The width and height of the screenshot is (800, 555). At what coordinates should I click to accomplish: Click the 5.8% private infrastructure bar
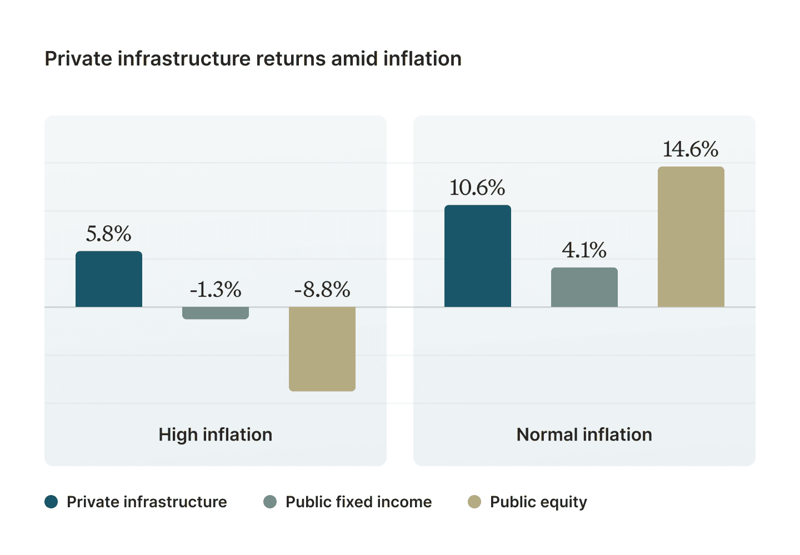tap(109, 279)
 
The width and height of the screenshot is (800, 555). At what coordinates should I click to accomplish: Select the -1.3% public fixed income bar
tap(216, 313)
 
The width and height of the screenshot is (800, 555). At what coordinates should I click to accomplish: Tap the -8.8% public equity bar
tap(322, 349)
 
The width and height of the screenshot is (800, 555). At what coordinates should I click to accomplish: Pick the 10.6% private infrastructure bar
tap(478, 256)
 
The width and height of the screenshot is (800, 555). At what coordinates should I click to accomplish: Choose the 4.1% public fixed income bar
tap(584, 287)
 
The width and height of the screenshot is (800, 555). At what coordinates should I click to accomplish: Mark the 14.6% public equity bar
tap(691, 237)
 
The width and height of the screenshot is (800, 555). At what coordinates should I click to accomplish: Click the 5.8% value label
tap(109, 234)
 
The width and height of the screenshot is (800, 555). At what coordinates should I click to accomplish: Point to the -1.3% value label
tap(216, 290)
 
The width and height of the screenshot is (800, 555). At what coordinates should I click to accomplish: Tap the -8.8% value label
tap(322, 290)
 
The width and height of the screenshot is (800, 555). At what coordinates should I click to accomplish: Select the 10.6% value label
tap(478, 188)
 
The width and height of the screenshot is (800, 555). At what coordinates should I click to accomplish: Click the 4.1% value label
tap(584, 250)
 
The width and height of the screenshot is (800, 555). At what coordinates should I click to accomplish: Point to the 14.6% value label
tap(691, 149)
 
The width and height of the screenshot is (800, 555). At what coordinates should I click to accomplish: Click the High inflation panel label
tap(216, 435)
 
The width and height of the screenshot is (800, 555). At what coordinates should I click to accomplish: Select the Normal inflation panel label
tap(584, 435)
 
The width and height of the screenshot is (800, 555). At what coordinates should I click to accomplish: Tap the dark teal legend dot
tap(51, 502)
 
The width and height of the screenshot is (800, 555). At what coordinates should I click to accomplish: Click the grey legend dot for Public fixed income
tap(270, 502)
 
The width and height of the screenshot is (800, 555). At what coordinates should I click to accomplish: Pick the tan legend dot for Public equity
tap(474, 502)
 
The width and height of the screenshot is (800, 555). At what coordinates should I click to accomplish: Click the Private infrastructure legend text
tap(147, 502)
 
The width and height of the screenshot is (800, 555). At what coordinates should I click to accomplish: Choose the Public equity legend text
tap(538, 502)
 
